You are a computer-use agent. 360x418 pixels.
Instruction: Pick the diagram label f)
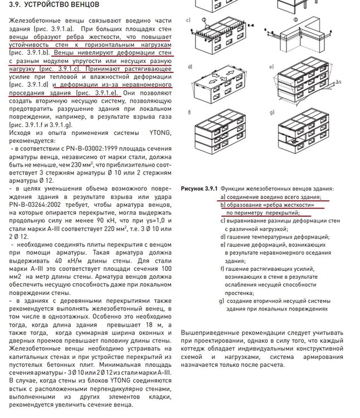(x=189, y=112)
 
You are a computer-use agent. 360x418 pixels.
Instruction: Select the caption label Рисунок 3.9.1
(x=200, y=189)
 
